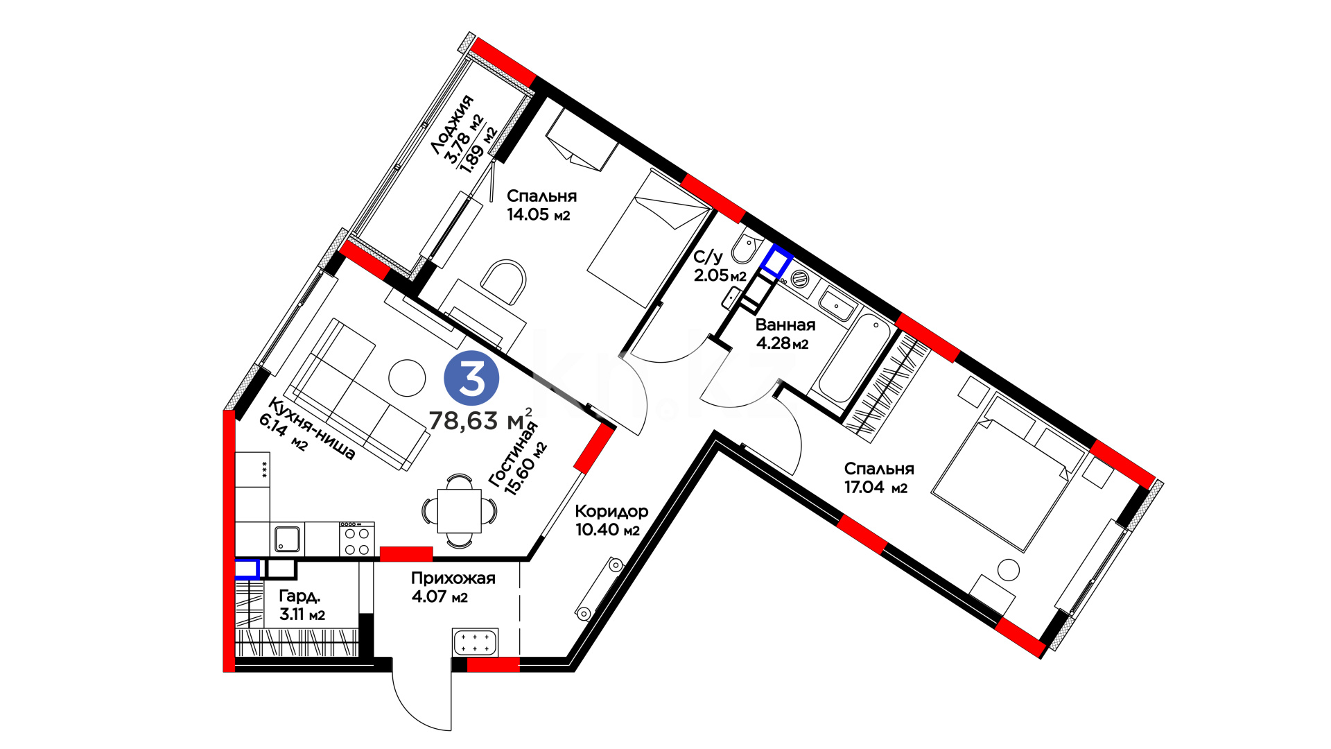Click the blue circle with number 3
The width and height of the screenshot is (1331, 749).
tap(471, 379)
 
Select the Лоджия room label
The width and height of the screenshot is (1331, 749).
tap(452, 125)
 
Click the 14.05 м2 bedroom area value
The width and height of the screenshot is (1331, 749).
tap(538, 214)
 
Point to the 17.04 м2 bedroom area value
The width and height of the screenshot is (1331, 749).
tap(876, 487)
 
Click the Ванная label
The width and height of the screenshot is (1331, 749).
tap(785, 325)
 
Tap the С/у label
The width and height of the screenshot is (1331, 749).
tap(708, 257)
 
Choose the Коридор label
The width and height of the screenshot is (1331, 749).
tap(612, 512)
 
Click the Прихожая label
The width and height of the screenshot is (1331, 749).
tap(453, 578)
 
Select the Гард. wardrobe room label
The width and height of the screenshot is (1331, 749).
tap(299, 596)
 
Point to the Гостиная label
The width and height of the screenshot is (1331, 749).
tap(512, 454)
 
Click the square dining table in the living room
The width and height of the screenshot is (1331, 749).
tap(460, 511)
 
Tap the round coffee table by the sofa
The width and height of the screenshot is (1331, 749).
tap(407, 378)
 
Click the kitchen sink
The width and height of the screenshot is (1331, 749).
tap(288, 539)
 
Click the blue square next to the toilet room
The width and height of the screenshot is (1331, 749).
tap(777, 261)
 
